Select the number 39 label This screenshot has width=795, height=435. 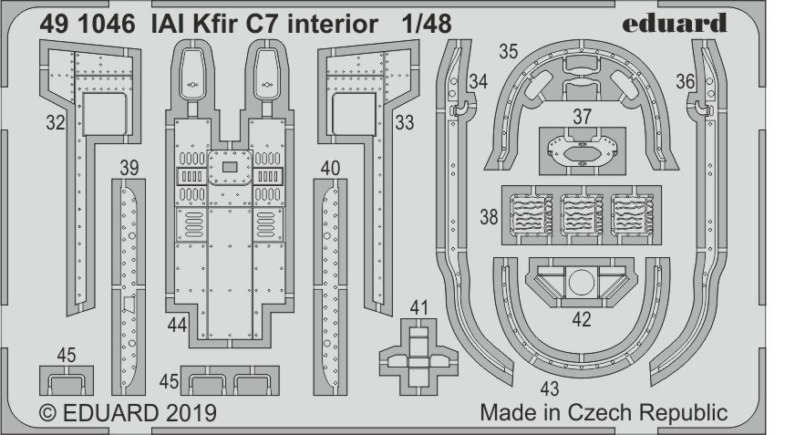coord(129,167)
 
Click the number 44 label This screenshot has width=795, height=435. coord(179,324)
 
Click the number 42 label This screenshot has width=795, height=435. coord(582,319)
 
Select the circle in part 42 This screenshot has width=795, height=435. coord(581,284)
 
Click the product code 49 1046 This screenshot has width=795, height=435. coord(86,25)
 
